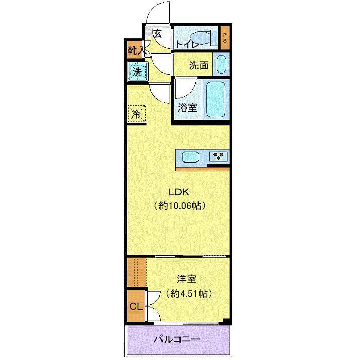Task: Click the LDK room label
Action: (x=180, y=193)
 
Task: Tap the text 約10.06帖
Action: (x=180, y=206)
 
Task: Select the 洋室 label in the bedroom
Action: (x=187, y=280)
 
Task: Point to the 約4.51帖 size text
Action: (x=187, y=294)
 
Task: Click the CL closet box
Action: (x=136, y=307)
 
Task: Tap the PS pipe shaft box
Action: (x=225, y=38)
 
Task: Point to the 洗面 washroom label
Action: (x=198, y=65)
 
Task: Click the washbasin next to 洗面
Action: (x=221, y=65)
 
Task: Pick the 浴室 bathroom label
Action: (x=187, y=107)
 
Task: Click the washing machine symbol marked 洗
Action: (x=137, y=71)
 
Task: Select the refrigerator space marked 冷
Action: (x=137, y=114)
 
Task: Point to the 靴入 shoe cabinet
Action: (x=135, y=50)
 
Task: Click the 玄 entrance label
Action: (x=158, y=34)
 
